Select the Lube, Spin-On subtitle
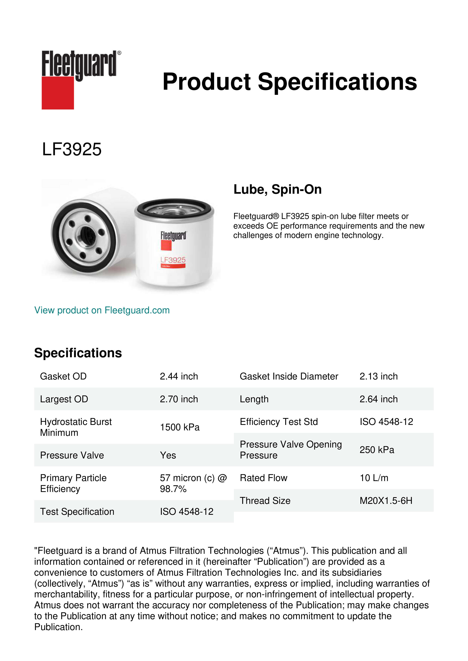tap(277, 189)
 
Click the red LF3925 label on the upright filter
tap(173, 260)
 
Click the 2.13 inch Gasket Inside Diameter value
tap(378, 376)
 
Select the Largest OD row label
tap(64, 399)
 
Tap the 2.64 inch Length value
tap(378, 399)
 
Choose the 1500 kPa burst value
tap(180, 427)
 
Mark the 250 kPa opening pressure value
tap(377, 450)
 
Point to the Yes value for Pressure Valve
tap(168, 455)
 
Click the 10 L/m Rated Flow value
tap(374, 478)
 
